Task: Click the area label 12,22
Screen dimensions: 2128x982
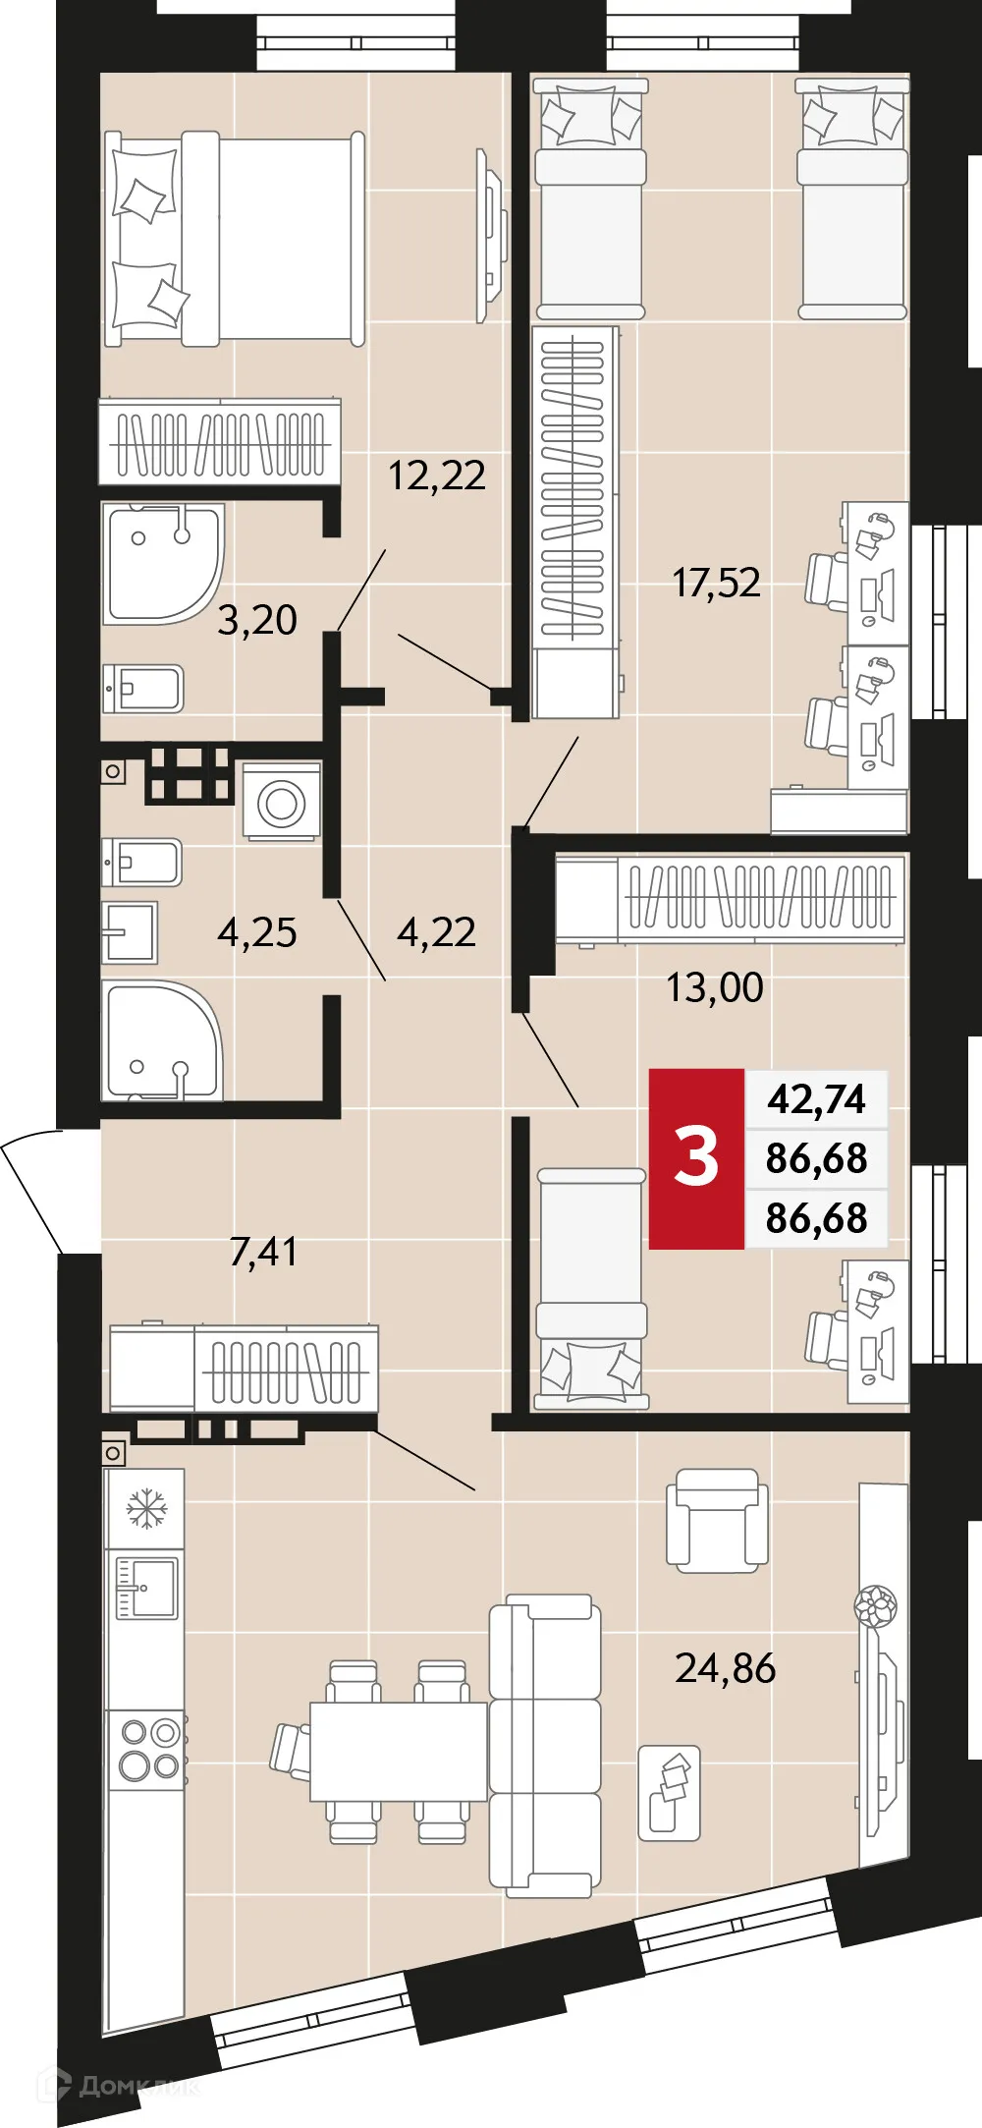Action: click(x=437, y=476)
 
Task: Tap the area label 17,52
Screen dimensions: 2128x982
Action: click(x=716, y=583)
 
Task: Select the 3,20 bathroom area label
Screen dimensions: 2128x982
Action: click(x=256, y=620)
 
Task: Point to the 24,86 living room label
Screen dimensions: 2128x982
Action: click(x=725, y=1668)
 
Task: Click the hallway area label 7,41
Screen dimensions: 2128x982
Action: click(x=262, y=1252)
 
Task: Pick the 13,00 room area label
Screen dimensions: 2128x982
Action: click(x=715, y=987)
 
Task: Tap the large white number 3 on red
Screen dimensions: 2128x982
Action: click(x=696, y=1157)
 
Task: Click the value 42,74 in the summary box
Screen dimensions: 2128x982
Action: click(x=817, y=1098)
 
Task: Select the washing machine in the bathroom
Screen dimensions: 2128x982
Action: click(x=282, y=802)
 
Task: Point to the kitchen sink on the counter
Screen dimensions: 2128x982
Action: click(x=146, y=1587)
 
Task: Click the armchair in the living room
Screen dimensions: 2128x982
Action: click(x=717, y=1520)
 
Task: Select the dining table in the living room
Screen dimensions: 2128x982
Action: click(x=398, y=1751)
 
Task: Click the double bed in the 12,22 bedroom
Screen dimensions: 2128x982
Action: click(x=236, y=239)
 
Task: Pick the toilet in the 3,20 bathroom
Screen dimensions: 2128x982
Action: click(x=143, y=689)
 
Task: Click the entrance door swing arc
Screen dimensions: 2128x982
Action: click(x=29, y=1189)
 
